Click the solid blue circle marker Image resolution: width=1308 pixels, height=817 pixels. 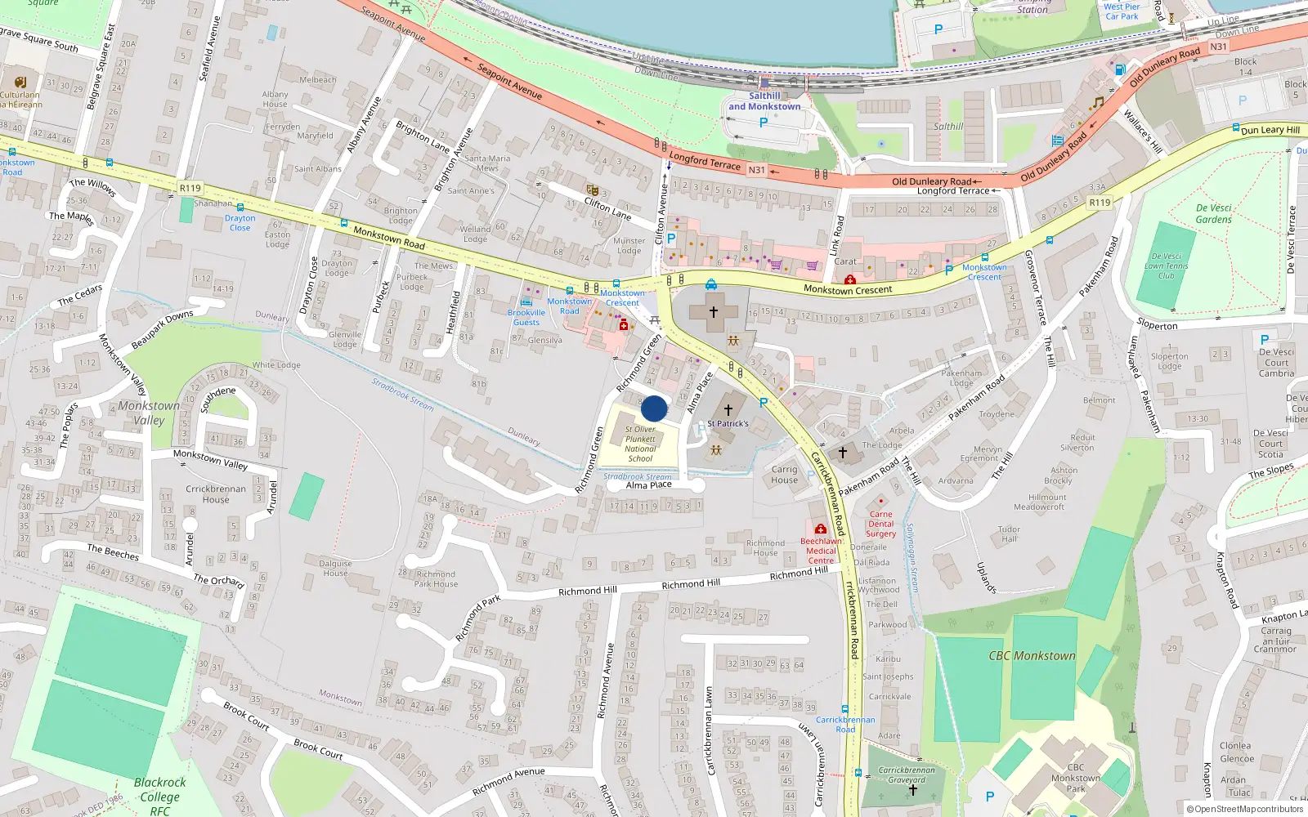654,408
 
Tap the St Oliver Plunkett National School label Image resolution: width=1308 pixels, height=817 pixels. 640,444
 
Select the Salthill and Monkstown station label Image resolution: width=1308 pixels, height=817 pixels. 764,100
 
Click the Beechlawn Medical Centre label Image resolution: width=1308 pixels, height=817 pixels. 821,551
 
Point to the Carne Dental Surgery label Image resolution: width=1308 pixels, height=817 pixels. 881,524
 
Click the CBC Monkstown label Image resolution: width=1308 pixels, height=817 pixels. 1032,655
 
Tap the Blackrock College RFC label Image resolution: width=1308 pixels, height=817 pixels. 159,796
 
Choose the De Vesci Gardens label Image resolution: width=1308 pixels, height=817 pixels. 1213,213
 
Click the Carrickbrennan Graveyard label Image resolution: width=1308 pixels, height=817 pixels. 907,775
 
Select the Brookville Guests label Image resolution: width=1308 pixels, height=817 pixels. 526,317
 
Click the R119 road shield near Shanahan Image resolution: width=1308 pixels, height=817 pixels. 190,188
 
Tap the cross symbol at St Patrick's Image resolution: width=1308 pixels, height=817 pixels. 728,410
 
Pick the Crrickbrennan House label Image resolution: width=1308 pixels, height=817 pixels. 216,493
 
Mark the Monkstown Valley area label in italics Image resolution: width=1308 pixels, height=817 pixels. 149,413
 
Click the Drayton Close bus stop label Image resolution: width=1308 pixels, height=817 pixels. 240,222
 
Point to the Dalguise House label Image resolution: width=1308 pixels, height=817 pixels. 335,568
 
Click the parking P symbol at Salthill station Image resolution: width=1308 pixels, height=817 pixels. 764,123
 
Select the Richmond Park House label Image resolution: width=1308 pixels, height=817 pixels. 436,578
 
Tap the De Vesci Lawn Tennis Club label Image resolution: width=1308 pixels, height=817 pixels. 1167,266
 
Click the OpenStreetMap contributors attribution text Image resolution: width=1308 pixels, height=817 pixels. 1244,809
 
